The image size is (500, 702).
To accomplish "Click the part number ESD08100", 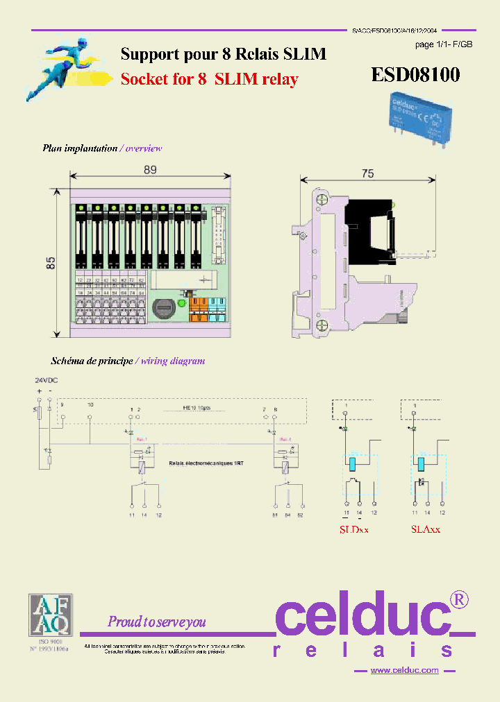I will coord(415,74).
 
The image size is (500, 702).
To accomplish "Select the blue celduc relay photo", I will coord(412,114).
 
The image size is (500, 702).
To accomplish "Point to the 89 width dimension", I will coord(149,170).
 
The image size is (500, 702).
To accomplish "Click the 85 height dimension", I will coord(51,262).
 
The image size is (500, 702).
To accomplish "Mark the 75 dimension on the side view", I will coord(367,173).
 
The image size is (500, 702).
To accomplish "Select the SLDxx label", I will coord(353,529).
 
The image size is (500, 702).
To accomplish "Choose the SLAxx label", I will coord(425,529).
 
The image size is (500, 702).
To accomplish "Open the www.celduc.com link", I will coord(404,670).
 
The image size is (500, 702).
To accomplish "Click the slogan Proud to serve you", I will coord(156,622).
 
